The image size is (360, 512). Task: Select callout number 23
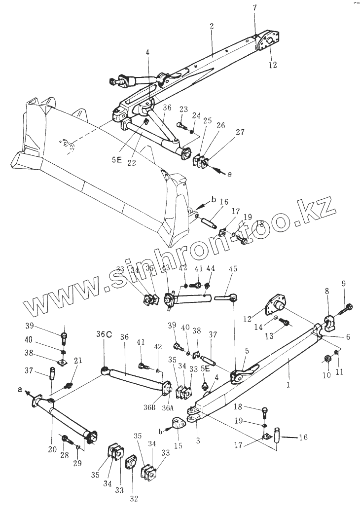pyautogui.click(x=184, y=110)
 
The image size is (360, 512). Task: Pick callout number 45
pyautogui.click(x=233, y=269)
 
